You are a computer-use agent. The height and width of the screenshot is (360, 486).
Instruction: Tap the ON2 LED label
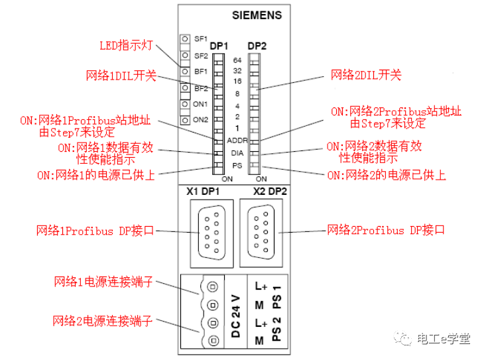point(200,120)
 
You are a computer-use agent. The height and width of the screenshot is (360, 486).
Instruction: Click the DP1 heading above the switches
point(219,46)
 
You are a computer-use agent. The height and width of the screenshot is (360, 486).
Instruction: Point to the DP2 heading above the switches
point(257,46)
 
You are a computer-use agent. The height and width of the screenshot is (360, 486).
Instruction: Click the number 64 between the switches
point(237,60)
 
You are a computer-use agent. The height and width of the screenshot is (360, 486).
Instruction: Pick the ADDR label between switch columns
point(237,141)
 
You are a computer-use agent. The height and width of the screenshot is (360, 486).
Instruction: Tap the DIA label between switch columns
point(237,152)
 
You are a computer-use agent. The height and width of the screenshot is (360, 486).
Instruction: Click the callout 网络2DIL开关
point(366,76)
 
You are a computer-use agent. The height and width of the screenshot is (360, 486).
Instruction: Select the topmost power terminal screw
point(213,288)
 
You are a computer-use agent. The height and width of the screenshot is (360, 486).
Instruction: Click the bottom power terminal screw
point(213,341)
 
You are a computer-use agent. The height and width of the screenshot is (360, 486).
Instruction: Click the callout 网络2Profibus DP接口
point(385,231)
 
